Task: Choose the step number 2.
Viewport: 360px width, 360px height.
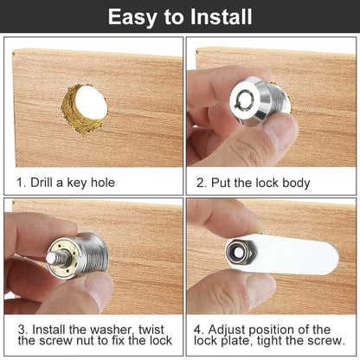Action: pos(200,182)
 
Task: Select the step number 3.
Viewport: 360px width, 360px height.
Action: pos(22,330)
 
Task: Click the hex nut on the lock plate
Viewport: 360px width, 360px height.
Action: pos(234,253)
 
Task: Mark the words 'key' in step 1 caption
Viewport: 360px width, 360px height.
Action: pos(74,182)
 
